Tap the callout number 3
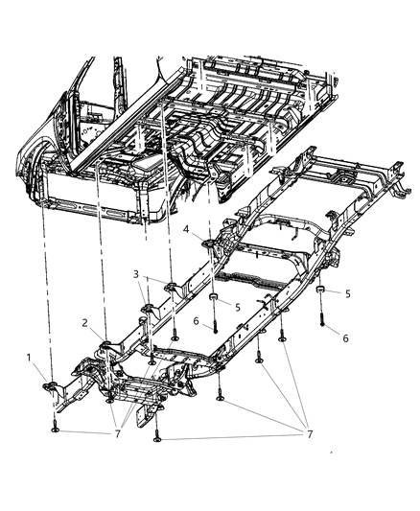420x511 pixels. click(137, 275)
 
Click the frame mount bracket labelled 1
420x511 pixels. click(54, 384)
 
